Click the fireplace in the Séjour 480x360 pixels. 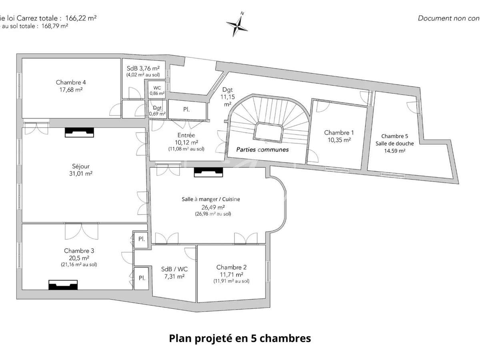click(x=79, y=132)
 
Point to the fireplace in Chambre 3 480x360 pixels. click(x=63, y=284)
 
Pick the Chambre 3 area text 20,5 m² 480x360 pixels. click(x=79, y=258)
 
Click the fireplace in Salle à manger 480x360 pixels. click(x=208, y=172)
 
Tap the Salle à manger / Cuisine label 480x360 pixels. click(x=211, y=199)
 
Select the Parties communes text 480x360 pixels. click(x=262, y=149)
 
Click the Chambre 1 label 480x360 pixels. click(x=339, y=132)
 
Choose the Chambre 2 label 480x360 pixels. click(x=231, y=267)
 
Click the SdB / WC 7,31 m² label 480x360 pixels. click(x=173, y=272)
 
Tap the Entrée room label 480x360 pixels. click(x=186, y=136)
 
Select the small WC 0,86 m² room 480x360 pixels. click(x=157, y=90)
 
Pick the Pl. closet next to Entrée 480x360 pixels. click(x=186, y=109)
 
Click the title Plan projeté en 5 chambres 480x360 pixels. click(x=240, y=338)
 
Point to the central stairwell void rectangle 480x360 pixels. click(x=269, y=132)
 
